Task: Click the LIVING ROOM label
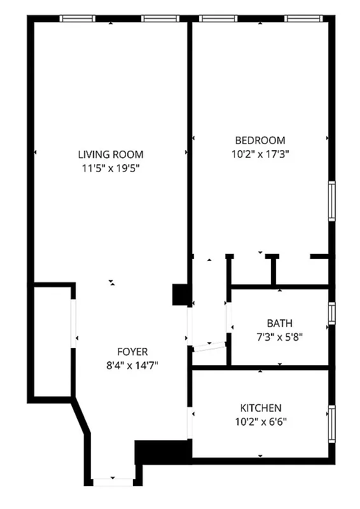[110, 155]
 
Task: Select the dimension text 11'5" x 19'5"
[110, 169]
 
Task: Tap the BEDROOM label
[260, 141]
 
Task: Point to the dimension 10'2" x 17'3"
[260, 154]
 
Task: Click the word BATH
[279, 323]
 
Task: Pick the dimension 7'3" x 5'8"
[279, 337]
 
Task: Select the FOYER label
[132, 352]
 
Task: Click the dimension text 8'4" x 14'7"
[132, 365]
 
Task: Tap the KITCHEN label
[260, 408]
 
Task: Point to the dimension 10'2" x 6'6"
[260, 421]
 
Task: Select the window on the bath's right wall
[331, 313]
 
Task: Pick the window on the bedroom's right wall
[331, 201]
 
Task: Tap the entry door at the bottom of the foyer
[113, 481]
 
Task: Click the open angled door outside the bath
[209, 346]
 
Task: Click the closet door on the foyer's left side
[74, 324]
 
